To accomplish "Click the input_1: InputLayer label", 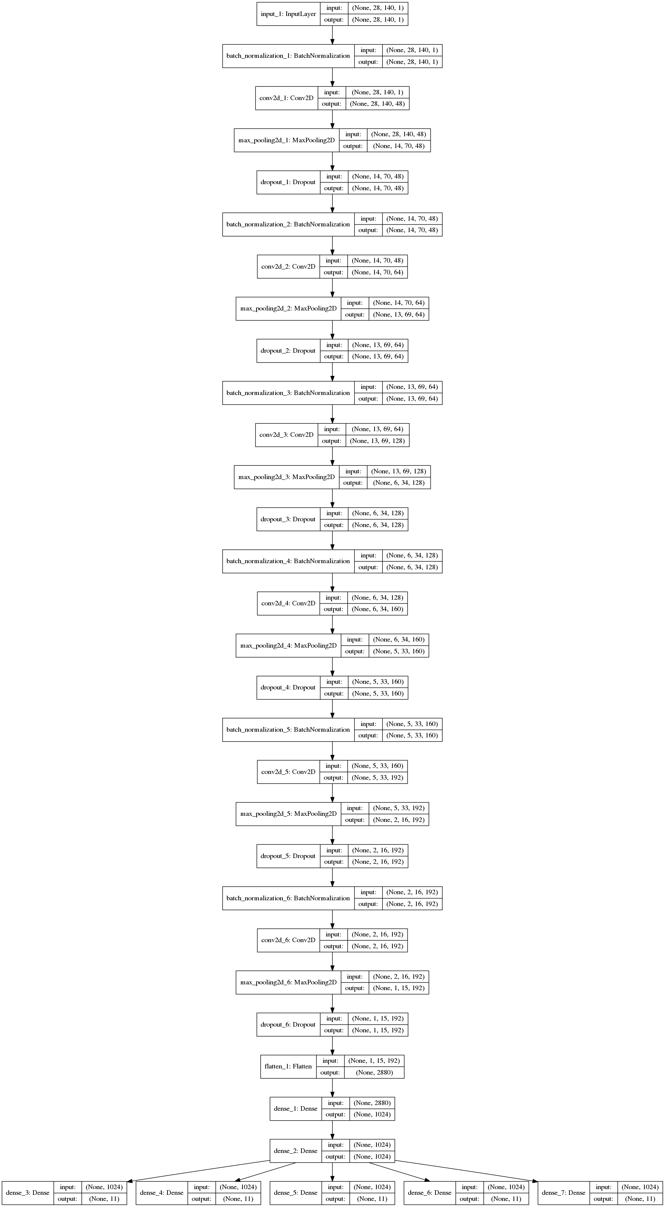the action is tap(288, 14).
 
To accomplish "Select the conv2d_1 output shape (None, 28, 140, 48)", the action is tap(377, 104).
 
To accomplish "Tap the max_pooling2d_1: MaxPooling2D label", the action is tap(286, 140).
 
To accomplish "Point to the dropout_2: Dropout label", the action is tap(288, 350).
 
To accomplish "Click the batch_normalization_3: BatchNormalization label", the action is tap(288, 393).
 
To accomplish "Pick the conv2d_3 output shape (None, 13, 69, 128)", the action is tap(377, 441).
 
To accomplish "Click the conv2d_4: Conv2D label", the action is tap(288, 603).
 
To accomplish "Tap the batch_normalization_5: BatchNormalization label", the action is tap(288, 729).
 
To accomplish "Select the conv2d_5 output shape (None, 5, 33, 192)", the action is tap(377, 778).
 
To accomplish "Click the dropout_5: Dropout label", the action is tap(288, 856).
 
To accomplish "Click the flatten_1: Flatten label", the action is tap(288, 1067).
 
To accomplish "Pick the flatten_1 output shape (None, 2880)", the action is tap(374, 1073).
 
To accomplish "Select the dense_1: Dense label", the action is tap(295, 1108).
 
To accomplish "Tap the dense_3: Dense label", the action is tap(28, 1193).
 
